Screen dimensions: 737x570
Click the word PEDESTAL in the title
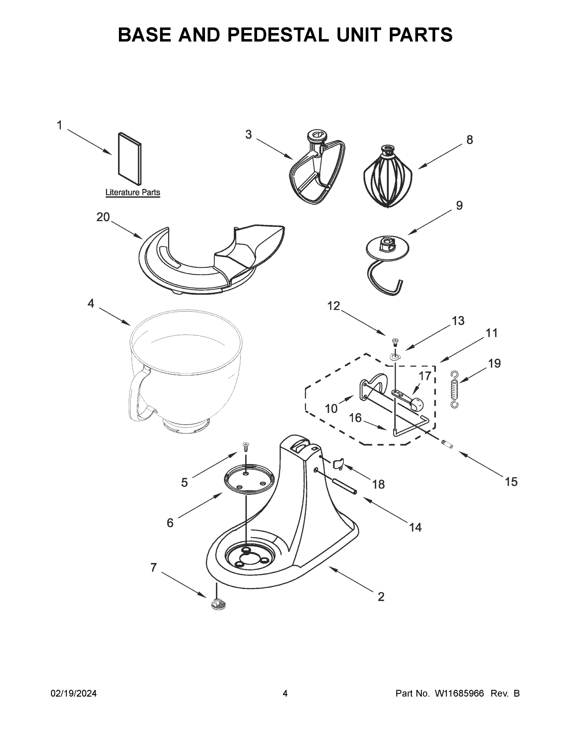click(x=278, y=35)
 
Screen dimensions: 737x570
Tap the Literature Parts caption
click(x=133, y=193)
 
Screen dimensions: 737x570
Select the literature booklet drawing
click(x=130, y=158)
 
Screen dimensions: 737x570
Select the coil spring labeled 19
click(x=455, y=389)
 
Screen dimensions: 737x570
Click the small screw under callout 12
click(x=394, y=342)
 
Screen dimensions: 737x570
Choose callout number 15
click(x=511, y=482)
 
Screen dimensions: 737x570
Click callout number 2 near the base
click(x=381, y=597)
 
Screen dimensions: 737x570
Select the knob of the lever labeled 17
click(x=417, y=404)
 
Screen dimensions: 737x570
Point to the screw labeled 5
click(x=246, y=447)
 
